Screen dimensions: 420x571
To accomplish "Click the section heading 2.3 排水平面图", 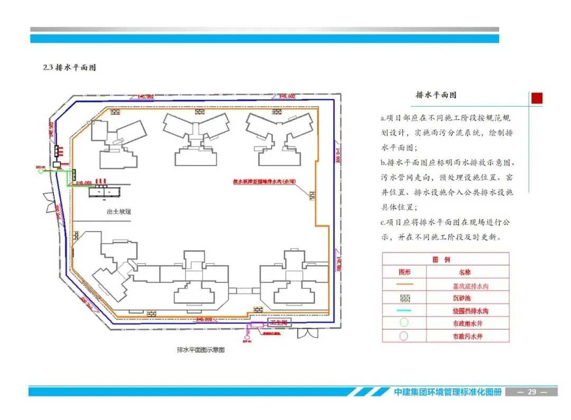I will [69, 68].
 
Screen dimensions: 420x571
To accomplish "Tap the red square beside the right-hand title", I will [537, 98].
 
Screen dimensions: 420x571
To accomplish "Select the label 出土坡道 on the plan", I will [118, 212].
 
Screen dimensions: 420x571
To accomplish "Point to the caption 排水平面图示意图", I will [200, 350].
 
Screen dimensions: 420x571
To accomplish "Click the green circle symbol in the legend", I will [404, 323].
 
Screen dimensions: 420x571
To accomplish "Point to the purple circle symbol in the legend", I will [404, 335].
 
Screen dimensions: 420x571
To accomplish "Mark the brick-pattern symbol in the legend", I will [404, 298].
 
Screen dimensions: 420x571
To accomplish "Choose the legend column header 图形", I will [404, 272].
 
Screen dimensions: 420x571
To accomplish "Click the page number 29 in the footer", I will [532, 392].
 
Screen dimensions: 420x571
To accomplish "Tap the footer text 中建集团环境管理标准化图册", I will [447, 392].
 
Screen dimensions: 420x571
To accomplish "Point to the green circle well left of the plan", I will [41, 171].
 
